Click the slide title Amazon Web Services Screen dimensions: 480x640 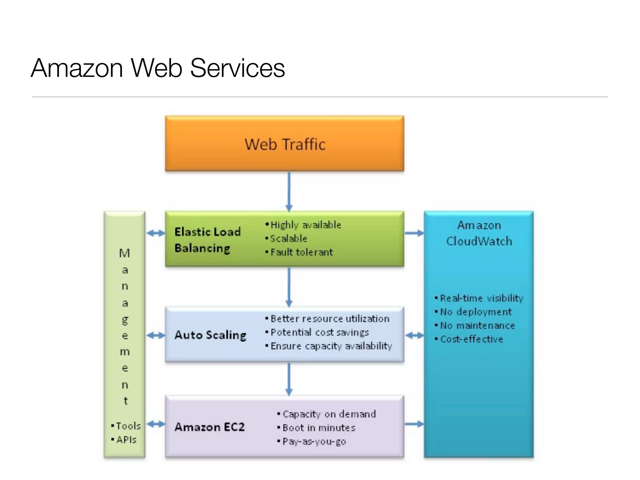pyautogui.click(x=158, y=68)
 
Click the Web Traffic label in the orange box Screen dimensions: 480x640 pyautogui.click(x=285, y=144)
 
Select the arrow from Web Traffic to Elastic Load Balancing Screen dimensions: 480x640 pyautogui.click(x=289, y=191)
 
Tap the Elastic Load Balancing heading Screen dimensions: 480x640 pyautogui.click(x=207, y=240)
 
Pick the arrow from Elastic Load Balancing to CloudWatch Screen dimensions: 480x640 pyautogui.click(x=414, y=233)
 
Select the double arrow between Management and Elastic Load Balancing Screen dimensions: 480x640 pyautogui.click(x=155, y=233)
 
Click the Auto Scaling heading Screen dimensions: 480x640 pyautogui.click(x=210, y=335)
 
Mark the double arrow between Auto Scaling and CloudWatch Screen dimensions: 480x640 pyautogui.click(x=414, y=336)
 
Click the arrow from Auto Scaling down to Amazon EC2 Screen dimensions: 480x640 pyautogui.click(x=289, y=379)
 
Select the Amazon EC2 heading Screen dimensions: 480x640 pyautogui.click(x=209, y=427)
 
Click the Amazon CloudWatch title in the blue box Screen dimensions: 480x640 pyautogui.click(x=479, y=233)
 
